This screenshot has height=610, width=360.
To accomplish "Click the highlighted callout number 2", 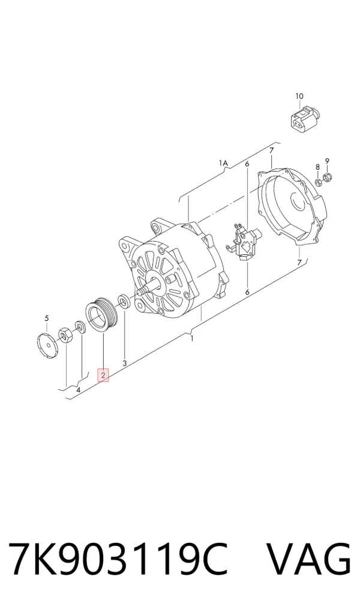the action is coord(103,375).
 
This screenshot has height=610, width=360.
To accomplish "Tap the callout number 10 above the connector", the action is coord(299,96).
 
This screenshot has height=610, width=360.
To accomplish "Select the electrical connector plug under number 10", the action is coord(304,119).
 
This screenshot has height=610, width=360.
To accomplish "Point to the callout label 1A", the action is coord(223,163).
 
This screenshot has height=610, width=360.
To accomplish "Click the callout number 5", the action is coord(47,318).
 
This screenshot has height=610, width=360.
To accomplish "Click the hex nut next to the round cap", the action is coord(65,335).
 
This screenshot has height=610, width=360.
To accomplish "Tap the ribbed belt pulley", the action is coord(100,315).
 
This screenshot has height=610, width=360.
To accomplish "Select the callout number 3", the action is coord(125,363).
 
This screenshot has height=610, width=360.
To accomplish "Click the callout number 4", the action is coord(78,389).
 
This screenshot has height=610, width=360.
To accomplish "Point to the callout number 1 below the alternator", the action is coord(192,339).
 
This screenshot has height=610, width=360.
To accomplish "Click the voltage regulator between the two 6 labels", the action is coord(244,241).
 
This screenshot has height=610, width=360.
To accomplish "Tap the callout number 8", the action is coord(317,167).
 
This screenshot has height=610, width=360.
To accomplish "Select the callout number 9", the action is coord(328,161).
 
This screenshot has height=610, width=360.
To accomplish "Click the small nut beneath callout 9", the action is coord(328,178).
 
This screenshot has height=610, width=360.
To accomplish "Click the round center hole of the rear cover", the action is coord(299,202).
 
